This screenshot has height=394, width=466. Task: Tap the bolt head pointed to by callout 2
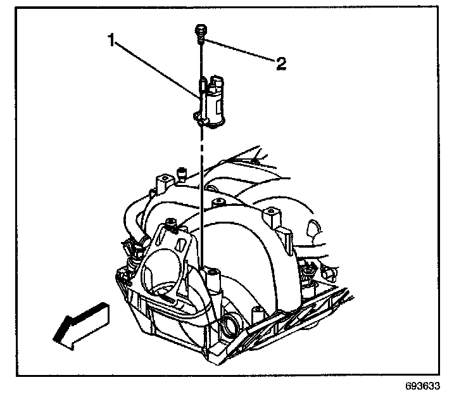coord(200,29)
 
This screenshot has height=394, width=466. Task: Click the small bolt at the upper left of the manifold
coord(181,172)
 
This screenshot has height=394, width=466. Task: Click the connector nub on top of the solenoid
coord(217,82)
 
